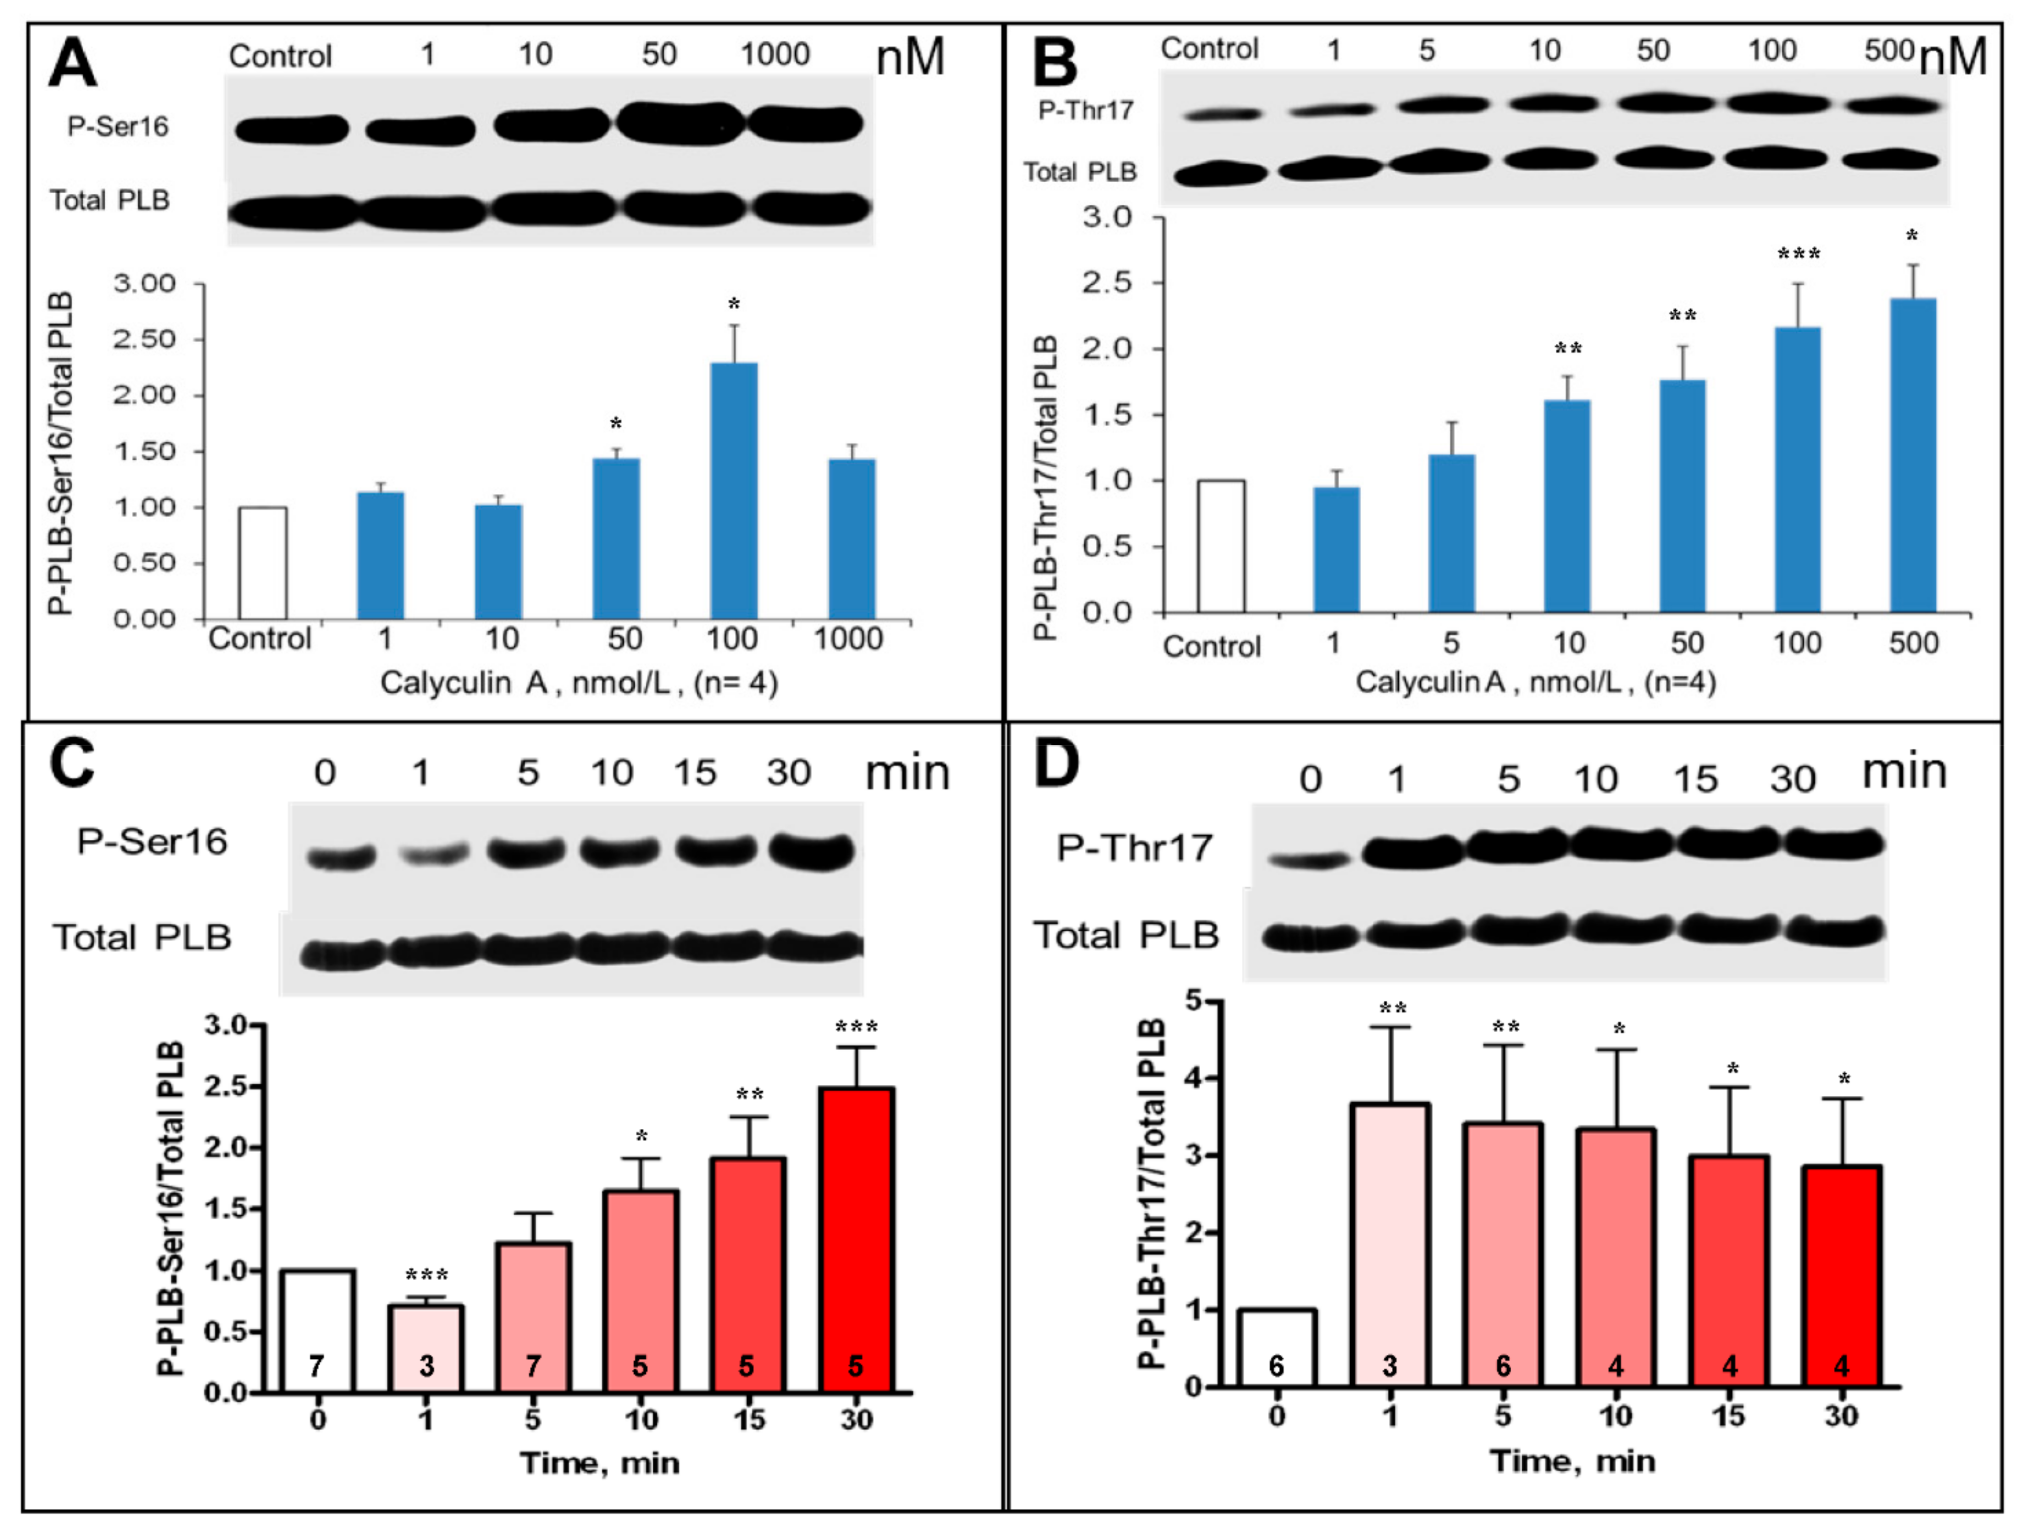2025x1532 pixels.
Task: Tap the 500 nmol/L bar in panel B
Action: click(x=1913, y=455)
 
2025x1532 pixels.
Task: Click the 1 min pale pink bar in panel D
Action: click(x=1390, y=1245)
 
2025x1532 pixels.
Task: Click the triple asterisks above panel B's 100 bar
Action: click(x=1798, y=253)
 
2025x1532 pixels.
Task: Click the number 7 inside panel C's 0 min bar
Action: click(x=317, y=1366)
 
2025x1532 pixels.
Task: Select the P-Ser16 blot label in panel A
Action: click(x=118, y=126)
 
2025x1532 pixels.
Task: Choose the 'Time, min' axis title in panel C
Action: click(x=600, y=1462)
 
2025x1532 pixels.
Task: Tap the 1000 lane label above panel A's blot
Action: click(x=775, y=55)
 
